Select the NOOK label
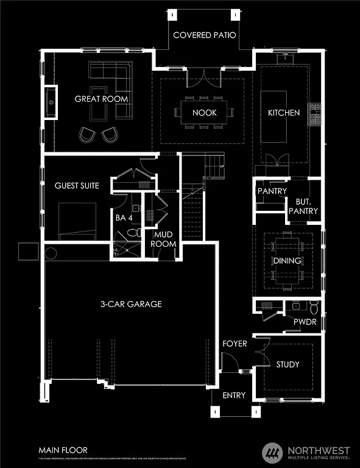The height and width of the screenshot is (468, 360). [x=204, y=113]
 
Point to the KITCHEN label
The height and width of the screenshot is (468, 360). [x=284, y=113]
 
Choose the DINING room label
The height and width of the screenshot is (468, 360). [x=287, y=261]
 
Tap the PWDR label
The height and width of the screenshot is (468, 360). [x=305, y=322]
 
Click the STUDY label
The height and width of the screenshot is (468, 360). [x=288, y=364]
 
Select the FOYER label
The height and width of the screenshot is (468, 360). [x=235, y=344]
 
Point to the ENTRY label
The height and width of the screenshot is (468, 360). [x=234, y=395]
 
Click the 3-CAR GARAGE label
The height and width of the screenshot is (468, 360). [x=131, y=304]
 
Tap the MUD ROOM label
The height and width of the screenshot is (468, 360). [x=165, y=239]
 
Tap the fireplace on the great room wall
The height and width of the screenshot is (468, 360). [x=51, y=103]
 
